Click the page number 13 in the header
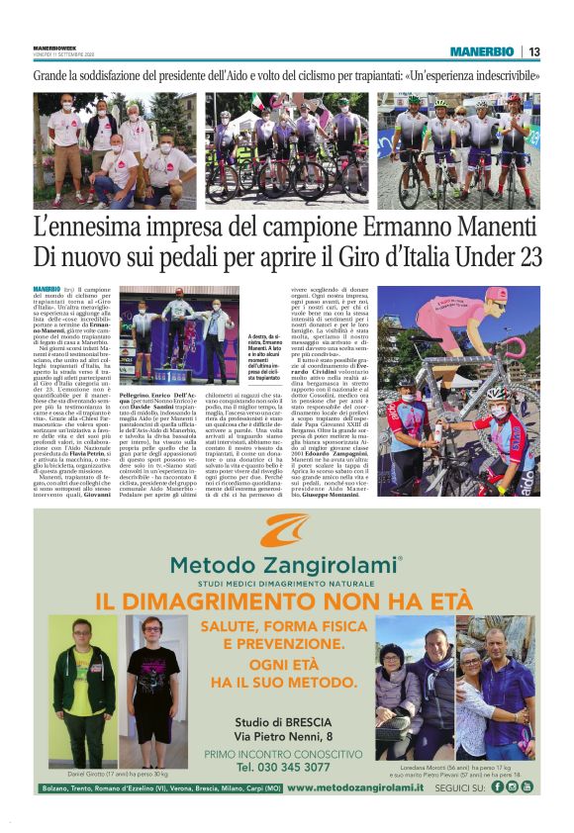533,51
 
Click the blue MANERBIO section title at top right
481,51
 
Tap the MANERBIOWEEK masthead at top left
55,46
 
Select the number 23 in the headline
522,258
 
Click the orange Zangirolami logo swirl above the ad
285,531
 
